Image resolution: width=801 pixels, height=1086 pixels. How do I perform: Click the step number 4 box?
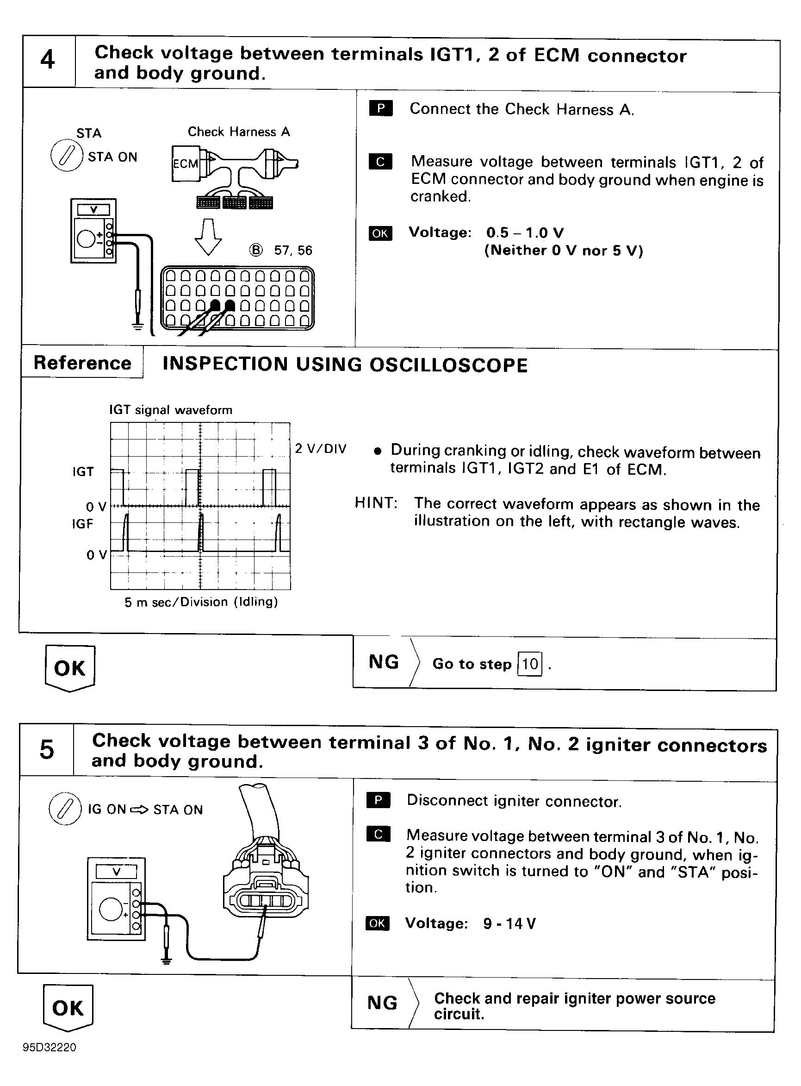(x=48, y=61)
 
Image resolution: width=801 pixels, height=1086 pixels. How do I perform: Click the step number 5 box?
(x=47, y=749)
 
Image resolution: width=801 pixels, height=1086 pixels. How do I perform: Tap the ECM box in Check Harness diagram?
(x=186, y=163)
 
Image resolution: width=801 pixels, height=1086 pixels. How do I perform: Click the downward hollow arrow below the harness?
(x=208, y=237)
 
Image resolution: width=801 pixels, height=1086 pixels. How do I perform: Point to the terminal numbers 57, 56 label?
(x=293, y=251)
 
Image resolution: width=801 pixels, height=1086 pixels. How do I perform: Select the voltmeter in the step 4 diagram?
(x=93, y=231)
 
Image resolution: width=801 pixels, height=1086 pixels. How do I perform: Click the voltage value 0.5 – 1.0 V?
(x=525, y=232)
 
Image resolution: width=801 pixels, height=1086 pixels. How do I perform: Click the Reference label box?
(x=82, y=363)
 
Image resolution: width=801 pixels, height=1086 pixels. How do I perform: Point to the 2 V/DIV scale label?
(x=321, y=448)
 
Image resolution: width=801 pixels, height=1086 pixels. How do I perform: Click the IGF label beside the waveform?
(x=82, y=524)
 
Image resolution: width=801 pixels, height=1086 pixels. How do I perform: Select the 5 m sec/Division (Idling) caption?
(x=201, y=602)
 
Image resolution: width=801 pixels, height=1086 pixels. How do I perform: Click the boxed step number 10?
(x=530, y=663)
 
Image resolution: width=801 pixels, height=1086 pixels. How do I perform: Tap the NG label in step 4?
(x=384, y=662)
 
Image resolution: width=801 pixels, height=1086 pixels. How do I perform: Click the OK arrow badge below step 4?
(x=70, y=668)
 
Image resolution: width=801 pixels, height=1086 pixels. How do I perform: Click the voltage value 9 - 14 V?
(x=509, y=923)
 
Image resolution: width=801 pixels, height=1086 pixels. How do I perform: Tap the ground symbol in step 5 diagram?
(x=166, y=960)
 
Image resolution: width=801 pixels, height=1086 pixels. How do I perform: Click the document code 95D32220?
(x=50, y=1047)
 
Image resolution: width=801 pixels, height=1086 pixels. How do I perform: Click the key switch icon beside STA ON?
(x=67, y=156)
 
